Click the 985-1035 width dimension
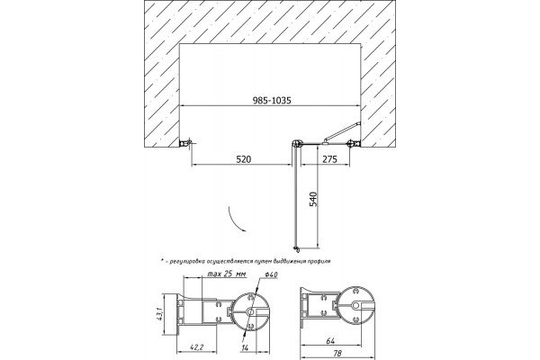pos(272,100)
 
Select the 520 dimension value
pos(244,159)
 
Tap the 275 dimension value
pos(329,159)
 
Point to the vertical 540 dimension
pos(313,199)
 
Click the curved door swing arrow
pos(235,220)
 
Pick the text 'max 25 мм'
pos(227,274)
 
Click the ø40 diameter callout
pos(272,274)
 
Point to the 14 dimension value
pos(245,348)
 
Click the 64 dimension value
pos(330,341)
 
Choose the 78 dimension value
pos(337,354)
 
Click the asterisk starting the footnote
pos(162,260)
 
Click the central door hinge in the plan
pos(296,144)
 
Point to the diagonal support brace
pos(342,131)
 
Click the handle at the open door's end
pos(295,247)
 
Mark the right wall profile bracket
pos(354,143)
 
